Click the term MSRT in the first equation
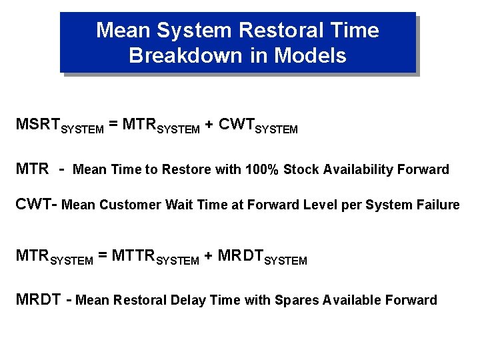[x=38, y=124]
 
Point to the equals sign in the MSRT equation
[x=114, y=124]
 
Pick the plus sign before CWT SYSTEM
[x=209, y=124]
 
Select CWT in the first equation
[x=236, y=124]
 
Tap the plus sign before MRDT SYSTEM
[x=209, y=256]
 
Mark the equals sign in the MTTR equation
[x=103, y=256]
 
